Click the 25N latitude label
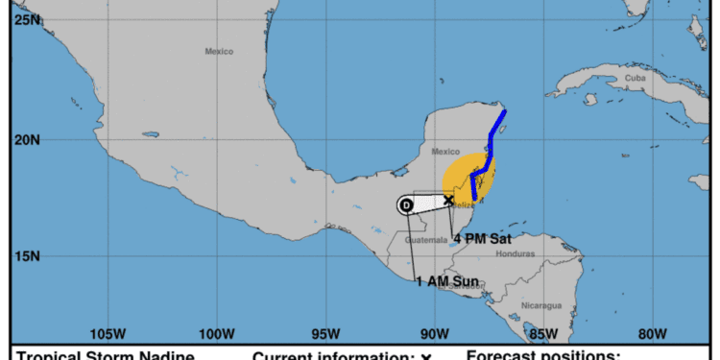click(27, 18)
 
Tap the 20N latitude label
click(27, 139)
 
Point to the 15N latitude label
click(27, 256)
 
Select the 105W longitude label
click(108, 334)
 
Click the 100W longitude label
click(217, 334)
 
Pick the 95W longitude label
click(325, 334)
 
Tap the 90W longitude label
click(434, 334)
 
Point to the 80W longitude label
click(652, 334)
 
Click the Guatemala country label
click(426, 240)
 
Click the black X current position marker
click(448, 200)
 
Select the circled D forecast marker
click(406, 204)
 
